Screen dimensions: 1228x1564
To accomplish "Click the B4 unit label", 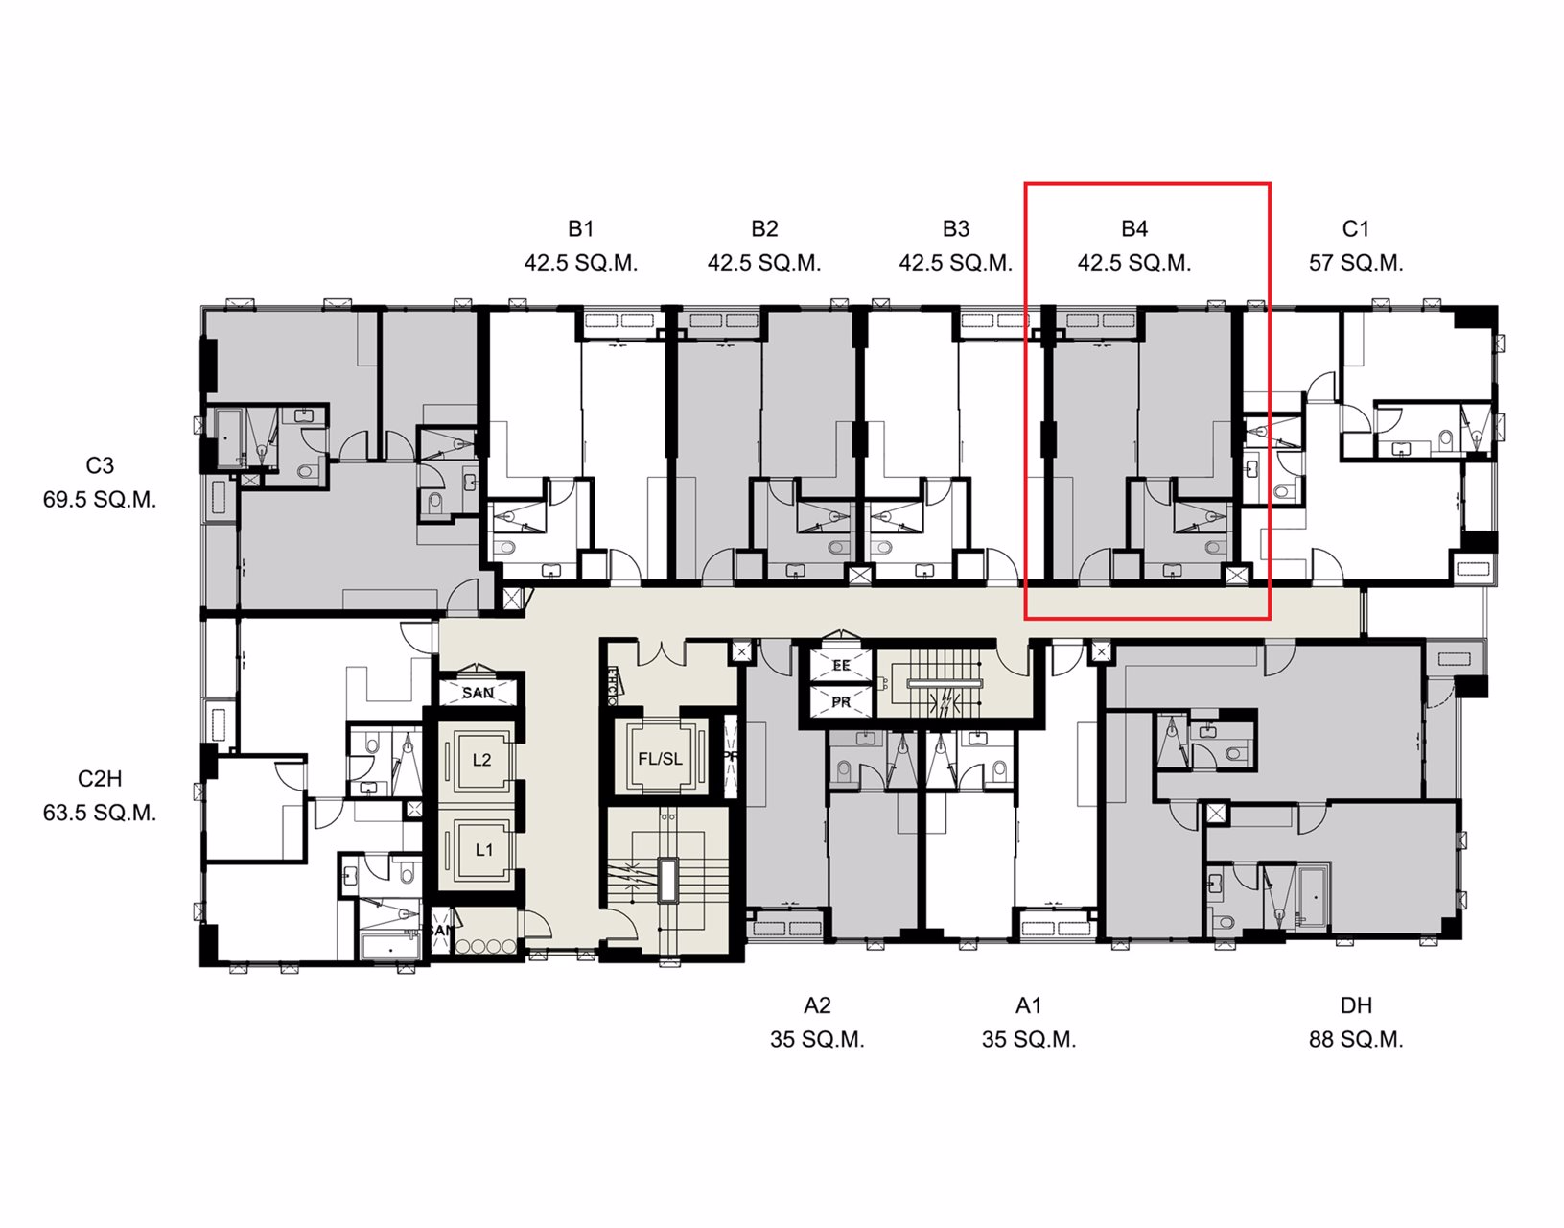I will click(1133, 228).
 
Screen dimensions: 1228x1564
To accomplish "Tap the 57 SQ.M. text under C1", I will click(1355, 263).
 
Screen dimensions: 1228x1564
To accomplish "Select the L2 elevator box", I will click(481, 760).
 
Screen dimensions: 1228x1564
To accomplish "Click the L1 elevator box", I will click(483, 850).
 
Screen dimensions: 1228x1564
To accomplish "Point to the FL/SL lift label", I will click(660, 759).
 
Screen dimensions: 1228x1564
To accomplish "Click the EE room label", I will click(841, 665).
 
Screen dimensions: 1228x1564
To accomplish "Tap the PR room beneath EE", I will click(841, 702).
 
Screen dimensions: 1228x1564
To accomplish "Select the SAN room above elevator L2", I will click(478, 693).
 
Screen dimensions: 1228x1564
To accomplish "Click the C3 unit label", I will click(100, 465).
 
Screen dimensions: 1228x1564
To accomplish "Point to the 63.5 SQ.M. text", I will click(100, 813).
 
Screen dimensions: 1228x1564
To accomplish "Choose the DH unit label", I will click(1355, 1005).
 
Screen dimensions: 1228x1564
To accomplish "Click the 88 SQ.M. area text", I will click(1355, 1040).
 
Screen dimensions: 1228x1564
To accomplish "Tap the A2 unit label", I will click(817, 1005).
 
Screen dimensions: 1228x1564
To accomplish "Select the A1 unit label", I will click(1028, 1005).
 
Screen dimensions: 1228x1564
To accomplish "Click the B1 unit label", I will click(580, 228).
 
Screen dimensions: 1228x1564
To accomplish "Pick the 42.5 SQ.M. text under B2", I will click(764, 263).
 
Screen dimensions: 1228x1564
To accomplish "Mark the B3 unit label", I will click(955, 228).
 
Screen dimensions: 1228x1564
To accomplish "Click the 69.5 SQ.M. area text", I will click(100, 500).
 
